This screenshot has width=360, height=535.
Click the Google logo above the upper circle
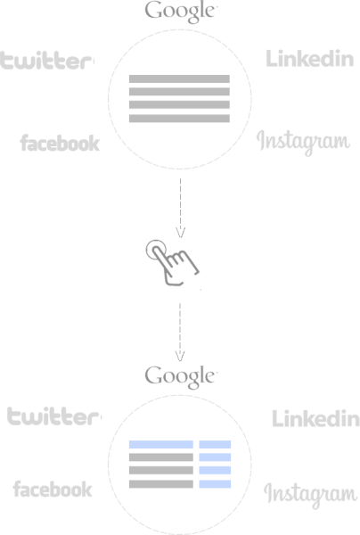point(181,12)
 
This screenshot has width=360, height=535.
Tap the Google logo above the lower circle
point(181,376)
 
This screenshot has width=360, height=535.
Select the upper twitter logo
point(46,61)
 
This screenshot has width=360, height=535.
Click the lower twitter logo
point(53,416)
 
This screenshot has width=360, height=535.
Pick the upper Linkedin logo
point(309,58)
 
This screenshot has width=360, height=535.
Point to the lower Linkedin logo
point(315,418)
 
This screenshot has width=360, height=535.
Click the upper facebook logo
point(60,143)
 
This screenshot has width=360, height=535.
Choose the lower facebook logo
point(53,489)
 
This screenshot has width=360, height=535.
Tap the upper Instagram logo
point(303,143)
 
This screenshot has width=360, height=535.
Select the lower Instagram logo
point(311,495)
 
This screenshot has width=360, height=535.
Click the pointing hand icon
point(173,262)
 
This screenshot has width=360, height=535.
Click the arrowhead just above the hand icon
point(180,232)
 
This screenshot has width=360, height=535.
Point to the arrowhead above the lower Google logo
point(180,356)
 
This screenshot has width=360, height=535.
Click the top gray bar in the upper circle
point(179,78)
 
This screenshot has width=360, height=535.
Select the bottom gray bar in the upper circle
point(179,119)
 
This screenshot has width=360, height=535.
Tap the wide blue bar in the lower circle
point(161,444)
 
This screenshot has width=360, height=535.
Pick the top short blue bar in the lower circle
point(215,444)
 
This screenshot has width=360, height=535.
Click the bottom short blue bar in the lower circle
point(215,484)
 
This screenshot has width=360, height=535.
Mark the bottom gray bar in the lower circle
point(161,484)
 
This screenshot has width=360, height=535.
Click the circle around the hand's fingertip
point(147,250)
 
